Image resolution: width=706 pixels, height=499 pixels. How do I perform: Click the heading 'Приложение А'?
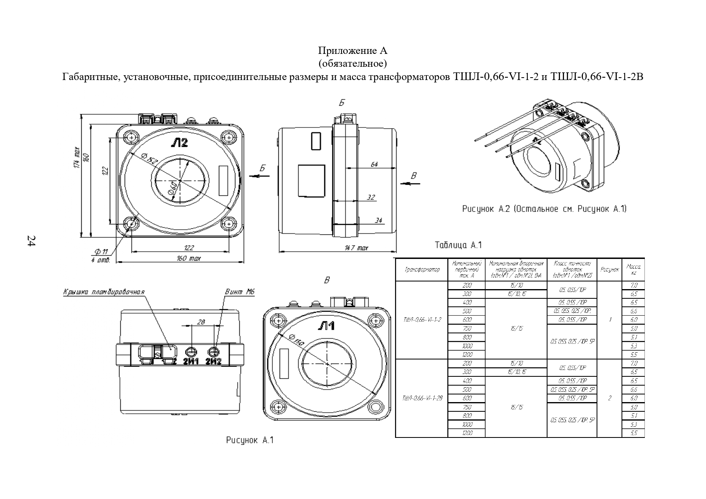click(x=352, y=51)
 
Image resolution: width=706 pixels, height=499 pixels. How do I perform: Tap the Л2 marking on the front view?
click(x=179, y=142)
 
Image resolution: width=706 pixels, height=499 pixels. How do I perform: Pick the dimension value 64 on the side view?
click(x=374, y=164)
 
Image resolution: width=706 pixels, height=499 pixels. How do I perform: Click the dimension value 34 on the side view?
click(x=378, y=220)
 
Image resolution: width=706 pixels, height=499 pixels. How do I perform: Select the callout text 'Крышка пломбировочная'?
click(x=104, y=292)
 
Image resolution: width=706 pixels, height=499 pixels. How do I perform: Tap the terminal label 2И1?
click(x=191, y=361)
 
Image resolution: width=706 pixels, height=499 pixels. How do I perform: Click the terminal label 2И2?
click(x=214, y=361)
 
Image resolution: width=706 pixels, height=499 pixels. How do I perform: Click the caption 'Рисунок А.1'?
click(x=250, y=440)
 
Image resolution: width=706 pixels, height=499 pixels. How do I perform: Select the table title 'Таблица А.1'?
click(x=458, y=245)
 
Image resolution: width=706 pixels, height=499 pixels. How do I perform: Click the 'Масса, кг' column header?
click(x=633, y=269)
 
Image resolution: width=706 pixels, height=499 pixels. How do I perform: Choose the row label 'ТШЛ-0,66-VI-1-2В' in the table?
click(x=422, y=398)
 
